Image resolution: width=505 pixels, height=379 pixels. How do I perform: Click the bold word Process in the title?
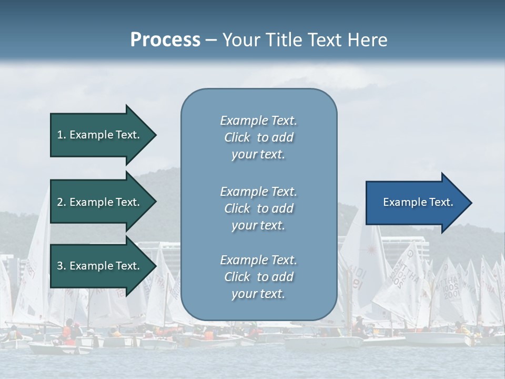pyautogui.click(x=165, y=40)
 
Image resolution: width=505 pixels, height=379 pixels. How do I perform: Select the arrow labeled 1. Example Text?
pyautogui.click(x=100, y=135)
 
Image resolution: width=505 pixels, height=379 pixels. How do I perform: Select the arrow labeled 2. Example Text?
pyautogui.click(x=100, y=202)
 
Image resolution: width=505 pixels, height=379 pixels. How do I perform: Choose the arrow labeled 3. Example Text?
pyautogui.click(x=100, y=266)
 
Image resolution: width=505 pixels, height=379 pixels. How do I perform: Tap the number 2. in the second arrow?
pyautogui.click(x=62, y=202)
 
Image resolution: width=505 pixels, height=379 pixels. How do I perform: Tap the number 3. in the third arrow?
pyautogui.click(x=62, y=266)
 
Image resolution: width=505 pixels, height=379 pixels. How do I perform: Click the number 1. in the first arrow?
pyautogui.click(x=62, y=135)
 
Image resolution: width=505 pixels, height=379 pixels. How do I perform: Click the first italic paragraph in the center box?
pyautogui.click(x=258, y=137)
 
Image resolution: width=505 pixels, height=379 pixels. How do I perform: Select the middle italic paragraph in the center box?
pyautogui.click(x=258, y=208)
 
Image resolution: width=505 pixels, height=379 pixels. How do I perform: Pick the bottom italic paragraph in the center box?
pyautogui.click(x=258, y=277)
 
